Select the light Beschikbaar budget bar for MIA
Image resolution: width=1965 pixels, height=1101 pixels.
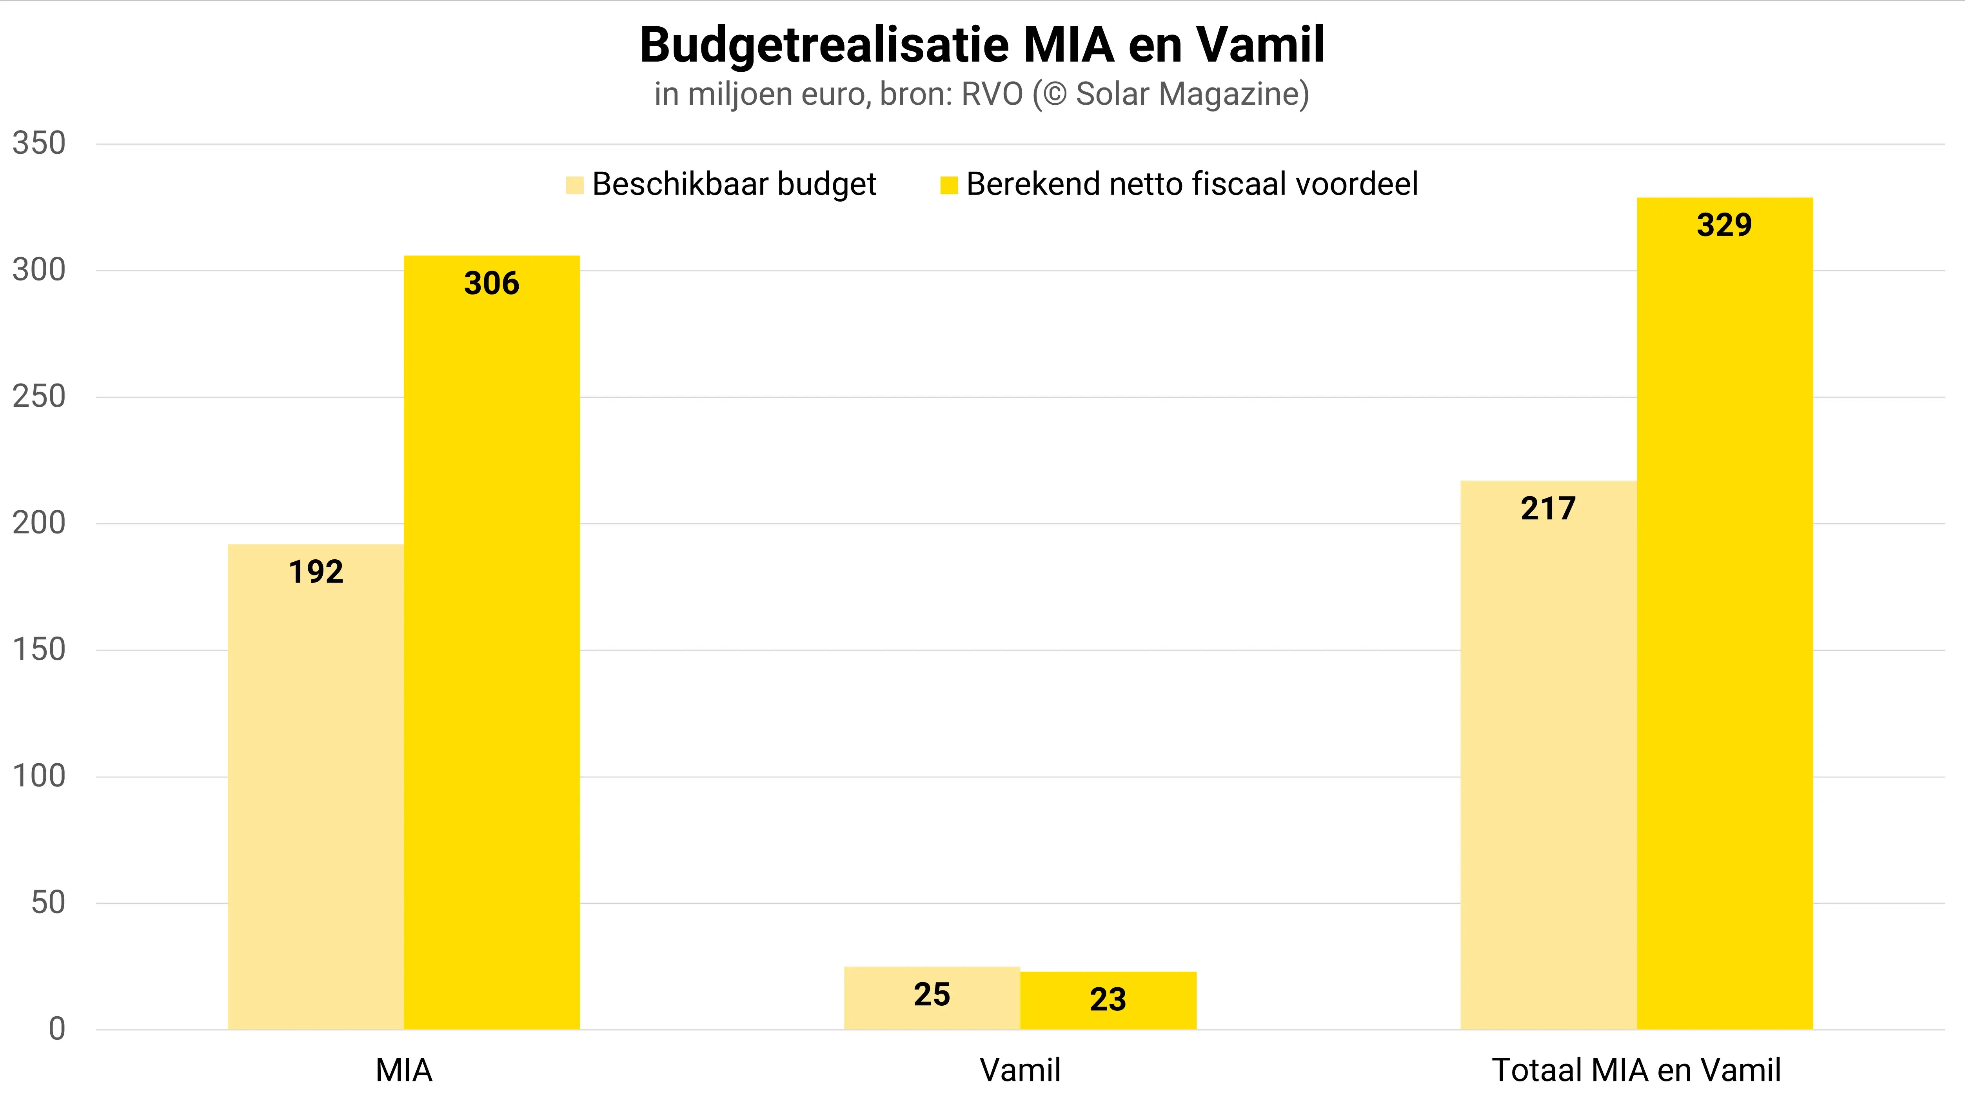[316, 786]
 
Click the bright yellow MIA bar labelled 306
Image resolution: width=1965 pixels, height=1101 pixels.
[492, 641]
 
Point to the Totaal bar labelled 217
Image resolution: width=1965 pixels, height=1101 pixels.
[1549, 755]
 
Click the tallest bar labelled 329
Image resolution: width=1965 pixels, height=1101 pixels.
[1725, 610]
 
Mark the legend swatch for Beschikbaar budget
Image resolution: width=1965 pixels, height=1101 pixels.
[574, 185]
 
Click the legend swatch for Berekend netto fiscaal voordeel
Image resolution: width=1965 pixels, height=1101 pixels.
[949, 185]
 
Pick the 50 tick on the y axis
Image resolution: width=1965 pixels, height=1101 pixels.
[48, 903]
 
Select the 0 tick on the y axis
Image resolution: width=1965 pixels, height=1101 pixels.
[57, 1029]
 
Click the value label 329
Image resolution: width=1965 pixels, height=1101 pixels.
[1725, 225]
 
